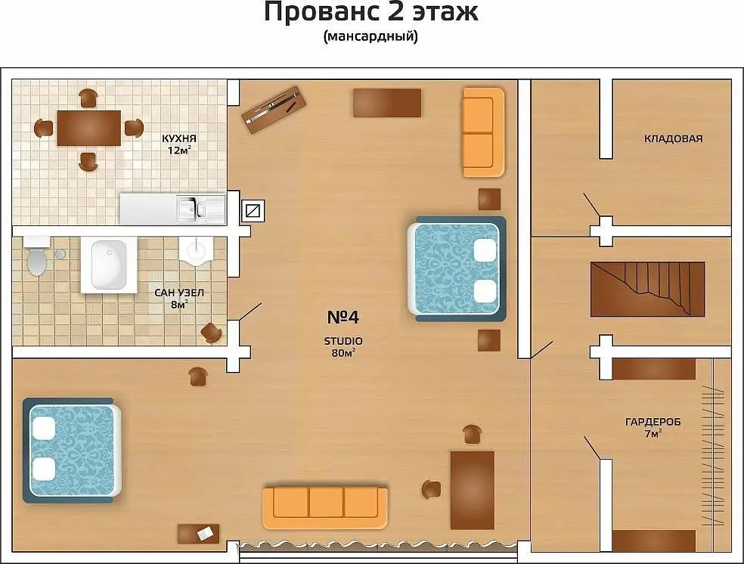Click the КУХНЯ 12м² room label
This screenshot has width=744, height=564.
(x=179, y=144)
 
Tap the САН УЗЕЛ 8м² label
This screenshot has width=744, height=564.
(x=179, y=299)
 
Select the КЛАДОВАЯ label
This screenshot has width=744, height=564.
(x=673, y=138)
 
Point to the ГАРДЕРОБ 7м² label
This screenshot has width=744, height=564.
(x=653, y=427)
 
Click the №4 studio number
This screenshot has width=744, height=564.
(x=343, y=317)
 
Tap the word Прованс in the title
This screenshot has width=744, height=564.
(x=322, y=11)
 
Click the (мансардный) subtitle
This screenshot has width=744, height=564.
(x=370, y=36)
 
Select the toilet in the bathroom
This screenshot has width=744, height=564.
(x=36, y=256)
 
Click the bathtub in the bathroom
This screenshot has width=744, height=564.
(x=109, y=265)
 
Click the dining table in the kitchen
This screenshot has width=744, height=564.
(x=88, y=128)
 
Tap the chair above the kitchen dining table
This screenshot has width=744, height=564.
(x=88, y=98)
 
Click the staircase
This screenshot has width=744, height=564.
(x=647, y=289)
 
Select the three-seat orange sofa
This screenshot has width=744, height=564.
(x=325, y=507)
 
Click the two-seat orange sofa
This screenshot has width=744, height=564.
(x=483, y=132)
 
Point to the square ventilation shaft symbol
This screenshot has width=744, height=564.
(x=253, y=211)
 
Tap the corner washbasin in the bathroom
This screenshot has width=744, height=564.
(x=196, y=252)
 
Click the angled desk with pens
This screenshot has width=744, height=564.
(x=274, y=109)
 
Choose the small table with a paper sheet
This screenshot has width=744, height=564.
(x=198, y=534)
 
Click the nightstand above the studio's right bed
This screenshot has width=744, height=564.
(x=489, y=200)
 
